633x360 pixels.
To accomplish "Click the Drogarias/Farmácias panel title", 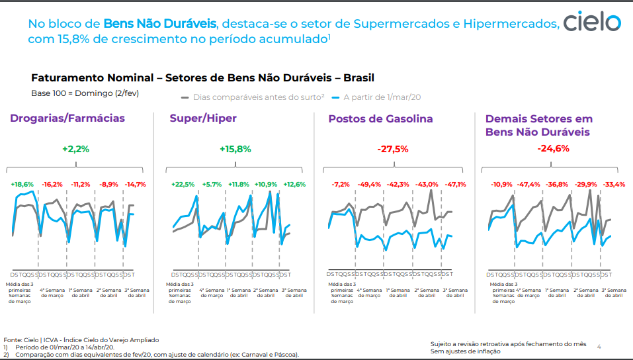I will (67, 119).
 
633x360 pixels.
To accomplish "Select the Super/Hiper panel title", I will (203, 119).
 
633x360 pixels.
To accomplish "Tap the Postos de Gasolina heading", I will (380, 119).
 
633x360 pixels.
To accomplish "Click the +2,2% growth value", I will (75, 149).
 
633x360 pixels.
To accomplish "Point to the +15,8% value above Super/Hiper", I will (235, 149).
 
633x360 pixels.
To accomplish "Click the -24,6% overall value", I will (554, 148).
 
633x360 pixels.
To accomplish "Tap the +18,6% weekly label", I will (22, 184).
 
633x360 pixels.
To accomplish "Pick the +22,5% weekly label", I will (183, 184).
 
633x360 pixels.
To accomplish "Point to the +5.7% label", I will (212, 184).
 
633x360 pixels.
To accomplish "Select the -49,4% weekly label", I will (369, 184).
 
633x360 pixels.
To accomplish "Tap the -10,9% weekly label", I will (500, 184).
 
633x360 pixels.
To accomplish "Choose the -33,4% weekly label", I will (614, 184).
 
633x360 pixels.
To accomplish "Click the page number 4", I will (599, 346).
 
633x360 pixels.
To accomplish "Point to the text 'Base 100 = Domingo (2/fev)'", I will (85, 93).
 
